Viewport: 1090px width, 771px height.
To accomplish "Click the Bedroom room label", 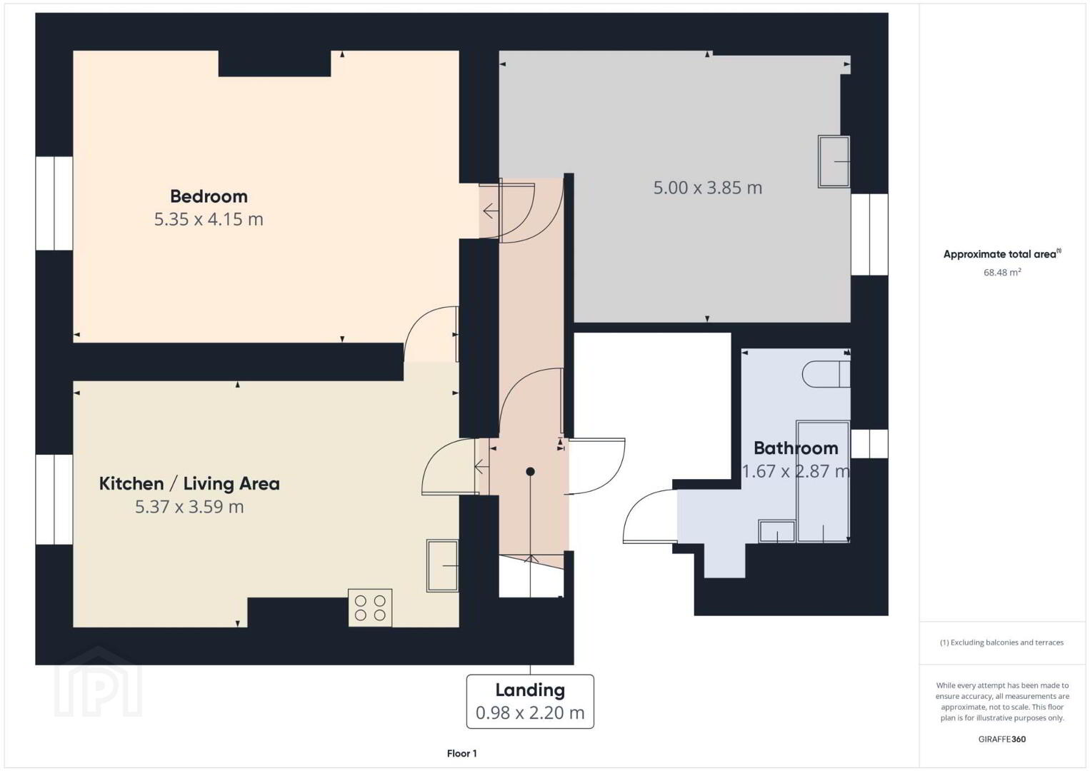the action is tap(209, 196).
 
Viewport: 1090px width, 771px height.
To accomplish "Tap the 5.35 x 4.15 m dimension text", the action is tap(209, 219).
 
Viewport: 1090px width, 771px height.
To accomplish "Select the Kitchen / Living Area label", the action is tap(189, 483).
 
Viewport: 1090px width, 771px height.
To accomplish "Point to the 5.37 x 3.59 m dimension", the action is tap(189, 507).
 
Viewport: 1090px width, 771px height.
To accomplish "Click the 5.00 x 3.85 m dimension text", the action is tap(708, 188).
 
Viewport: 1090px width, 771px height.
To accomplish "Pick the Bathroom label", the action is tap(796, 448).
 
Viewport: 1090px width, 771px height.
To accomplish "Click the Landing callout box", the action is tap(530, 702).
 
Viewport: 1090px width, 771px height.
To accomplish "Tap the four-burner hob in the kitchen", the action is tap(370, 608).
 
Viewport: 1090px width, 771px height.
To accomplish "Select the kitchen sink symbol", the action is tap(442, 565).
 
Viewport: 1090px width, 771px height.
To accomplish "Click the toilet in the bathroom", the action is tap(826, 374).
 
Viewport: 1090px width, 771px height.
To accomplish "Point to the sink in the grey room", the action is tap(834, 161).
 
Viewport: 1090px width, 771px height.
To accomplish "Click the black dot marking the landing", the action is tap(531, 471).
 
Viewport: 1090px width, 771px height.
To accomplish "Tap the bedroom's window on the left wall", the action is tap(54, 203).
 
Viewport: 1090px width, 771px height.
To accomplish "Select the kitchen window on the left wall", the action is tap(54, 500).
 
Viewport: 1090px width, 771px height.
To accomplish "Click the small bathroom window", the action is tap(869, 443).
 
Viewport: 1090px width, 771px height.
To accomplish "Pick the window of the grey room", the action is tap(869, 234).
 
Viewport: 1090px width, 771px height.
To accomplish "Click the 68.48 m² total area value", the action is tap(1002, 272).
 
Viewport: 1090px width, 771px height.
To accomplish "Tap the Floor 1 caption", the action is tap(462, 753).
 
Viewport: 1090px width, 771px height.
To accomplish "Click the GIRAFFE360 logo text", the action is tap(1002, 740).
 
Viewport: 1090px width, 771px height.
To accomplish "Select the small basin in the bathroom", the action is tap(777, 531).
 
